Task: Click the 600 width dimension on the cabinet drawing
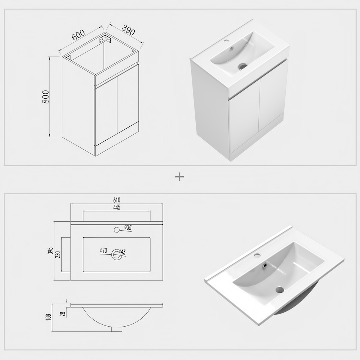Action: click(x=78, y=35)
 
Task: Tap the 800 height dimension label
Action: click(x=46, y=97)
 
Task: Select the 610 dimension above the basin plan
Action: click(x=117, y=201)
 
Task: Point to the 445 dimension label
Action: click(x=117, y=207)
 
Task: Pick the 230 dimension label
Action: click(x=57, y=255)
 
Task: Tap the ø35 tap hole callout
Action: click(x=128, y=228)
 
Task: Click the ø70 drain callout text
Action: click(x=103, y=250)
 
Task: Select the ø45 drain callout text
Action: click(x=123, y=252)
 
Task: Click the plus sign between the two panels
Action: click(x=180, y=177)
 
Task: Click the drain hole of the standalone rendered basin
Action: click(x=280, y=289)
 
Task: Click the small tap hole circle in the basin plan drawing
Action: click(x=116, y=229)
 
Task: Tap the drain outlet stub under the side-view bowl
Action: click(x=117, y=329)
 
